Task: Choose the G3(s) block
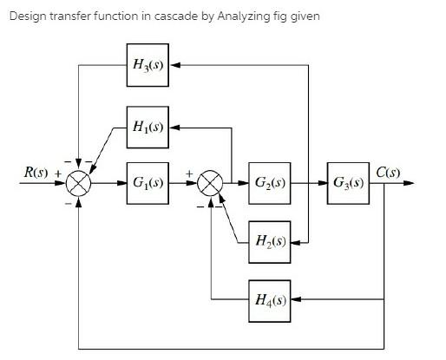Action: pyautogui.click(x=351, y=183)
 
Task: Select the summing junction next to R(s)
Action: pyautogui.click(x=79, y=184)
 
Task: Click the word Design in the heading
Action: pyautogui.click(x=27, y=17)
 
